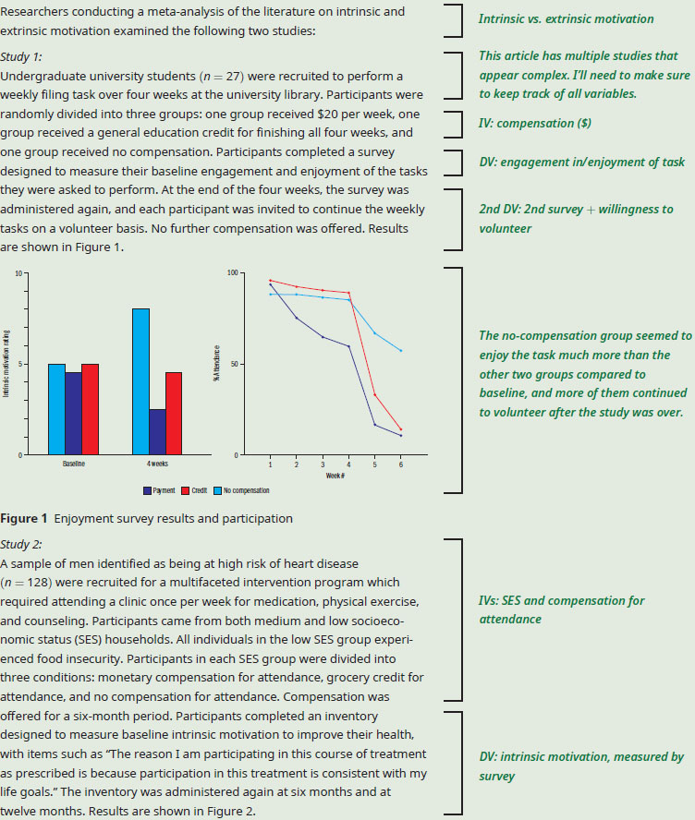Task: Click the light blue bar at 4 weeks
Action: pyautogui.click(x=140, y=381)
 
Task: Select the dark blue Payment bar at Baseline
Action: pyautogui.click(x=73, y=413)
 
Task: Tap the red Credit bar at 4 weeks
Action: pyautogui.click(x=174, y=413)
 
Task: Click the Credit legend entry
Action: pyautogui.click(x=194, y=490)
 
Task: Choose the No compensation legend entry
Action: pyautogui.click(x=242, y=490)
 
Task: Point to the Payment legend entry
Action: pyautogui.click(x=159, y=490)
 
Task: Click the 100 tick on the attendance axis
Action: pyautogui.click(x=232, y=273)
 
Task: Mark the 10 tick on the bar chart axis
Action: pyautogui.click(x=18, y=273)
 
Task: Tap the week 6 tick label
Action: pyautogui.click(x=401, y=464)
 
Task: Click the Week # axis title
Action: pyautogui.click(x=335, y=476)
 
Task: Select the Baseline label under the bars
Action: pyautogui.click(x=74, y=464)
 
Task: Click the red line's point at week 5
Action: pyautogui.click(x=374, y=395)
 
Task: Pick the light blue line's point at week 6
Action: pyautogui.click(x=401, y=350)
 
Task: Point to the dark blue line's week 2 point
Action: pyautogui.click(x=297, y=318)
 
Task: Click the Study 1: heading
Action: pyautogui.click(x=21, y=57)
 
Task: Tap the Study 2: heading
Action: pyautogui.click(x=21, y=545)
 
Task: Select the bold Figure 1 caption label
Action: pyautogui.click(x=23, y=518)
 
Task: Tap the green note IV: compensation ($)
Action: pyautogui.click(x=535, y=124)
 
